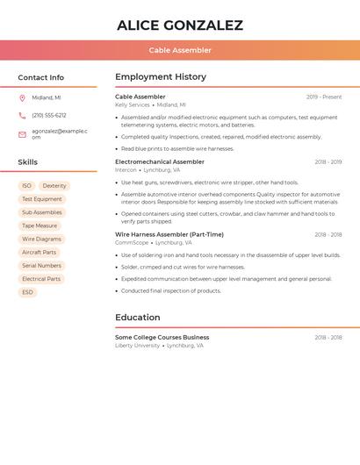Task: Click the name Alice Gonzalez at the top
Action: pos(180,25)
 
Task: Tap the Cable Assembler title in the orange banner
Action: pos(180,51)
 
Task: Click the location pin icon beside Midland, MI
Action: pos(22,98)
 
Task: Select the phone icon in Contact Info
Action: pos(22,116)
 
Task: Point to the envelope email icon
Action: pos(22,134)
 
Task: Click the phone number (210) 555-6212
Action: pos(49,116)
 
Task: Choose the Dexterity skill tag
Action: pos(54,186)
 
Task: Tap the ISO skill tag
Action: pos(26,186)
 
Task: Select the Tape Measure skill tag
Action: pos(40,225)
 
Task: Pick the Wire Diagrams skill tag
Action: pos(42,239)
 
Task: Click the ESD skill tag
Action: pos(27,292)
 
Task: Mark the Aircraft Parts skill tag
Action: pos(39,253)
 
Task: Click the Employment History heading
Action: pos(161,77)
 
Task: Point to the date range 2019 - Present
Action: pos(324,97)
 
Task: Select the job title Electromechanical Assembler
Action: pos(160,162)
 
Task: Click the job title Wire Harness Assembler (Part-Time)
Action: pos(169,235)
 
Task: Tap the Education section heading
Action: pos(138,318)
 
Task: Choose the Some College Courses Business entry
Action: pos(162,337)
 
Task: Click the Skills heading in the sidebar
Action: pos(28,162)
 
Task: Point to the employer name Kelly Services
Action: pos(133,105)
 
